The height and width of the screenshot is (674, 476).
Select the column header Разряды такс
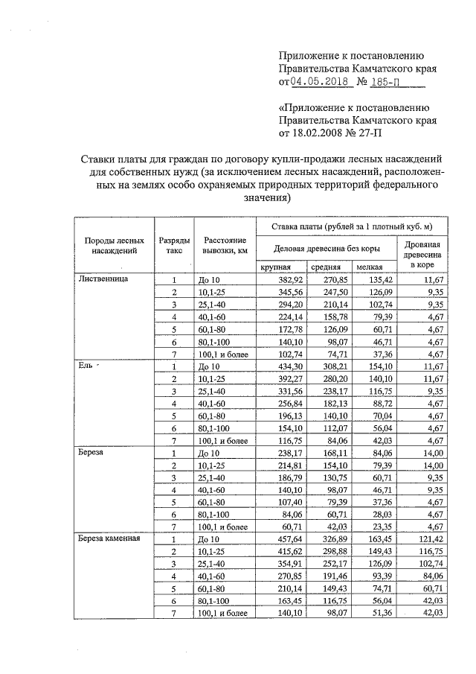click(174, 247)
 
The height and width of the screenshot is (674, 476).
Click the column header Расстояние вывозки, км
click(224, 247)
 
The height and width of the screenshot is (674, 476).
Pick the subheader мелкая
click(369, 267)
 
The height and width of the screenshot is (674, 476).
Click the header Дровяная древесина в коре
click(425, 254)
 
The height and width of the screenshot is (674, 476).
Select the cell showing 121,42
click(429, 538)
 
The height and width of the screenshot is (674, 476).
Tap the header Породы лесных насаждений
click(114, 247)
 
